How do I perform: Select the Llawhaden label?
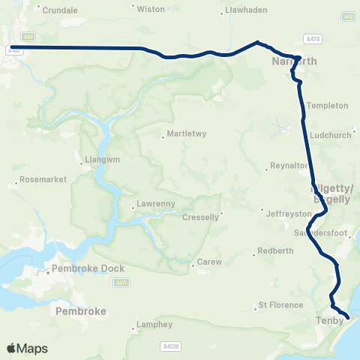246,11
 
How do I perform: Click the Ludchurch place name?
329,136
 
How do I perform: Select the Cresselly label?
200,217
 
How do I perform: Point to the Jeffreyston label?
287,213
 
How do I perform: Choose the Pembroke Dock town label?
82,268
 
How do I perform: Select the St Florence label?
280,305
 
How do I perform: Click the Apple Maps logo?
27,349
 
